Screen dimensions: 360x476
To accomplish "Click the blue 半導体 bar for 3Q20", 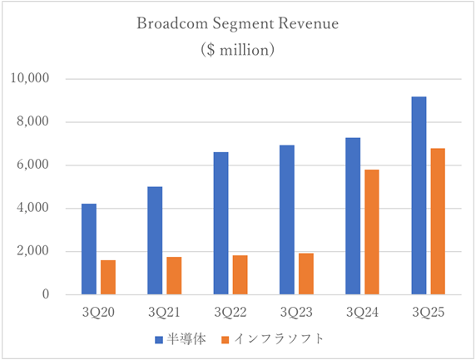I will coord(88,249).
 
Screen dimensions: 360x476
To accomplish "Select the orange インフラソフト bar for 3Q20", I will coord(107,277).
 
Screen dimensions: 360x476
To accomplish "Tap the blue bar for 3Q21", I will coord(155,240).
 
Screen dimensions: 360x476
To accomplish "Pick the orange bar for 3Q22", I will coord(240,274).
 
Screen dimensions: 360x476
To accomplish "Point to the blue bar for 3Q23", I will coord(287,219).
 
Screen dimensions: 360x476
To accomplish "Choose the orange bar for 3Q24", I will coord(372,232).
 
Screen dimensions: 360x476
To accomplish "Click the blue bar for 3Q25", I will coord(419,195).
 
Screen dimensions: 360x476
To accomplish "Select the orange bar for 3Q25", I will coord(439,221).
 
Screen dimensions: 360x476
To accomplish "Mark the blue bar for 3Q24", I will coord(353,216).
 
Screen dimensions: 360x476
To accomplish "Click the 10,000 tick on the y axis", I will coord(33,79).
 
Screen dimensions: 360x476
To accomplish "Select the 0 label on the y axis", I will coord(47,295).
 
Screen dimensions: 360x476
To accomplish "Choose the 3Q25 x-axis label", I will coord(429,313).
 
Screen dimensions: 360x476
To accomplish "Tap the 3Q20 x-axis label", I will coord(97,313).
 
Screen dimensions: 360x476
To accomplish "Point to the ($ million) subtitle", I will coord(238,49).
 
